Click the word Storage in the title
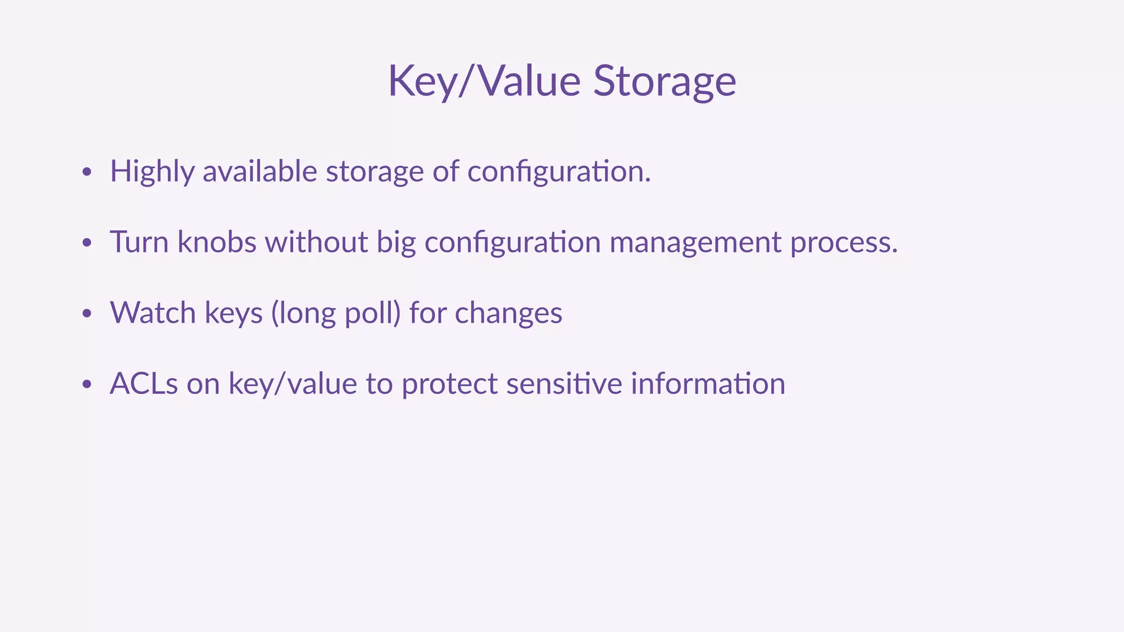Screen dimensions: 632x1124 (x=664, y=81)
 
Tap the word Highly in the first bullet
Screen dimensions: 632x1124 (x=152, y=172)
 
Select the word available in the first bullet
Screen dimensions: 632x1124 (x=260, y=171)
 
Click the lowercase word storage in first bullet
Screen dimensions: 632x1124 (x=375, y=172)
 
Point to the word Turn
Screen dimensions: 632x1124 (x=139, y=242)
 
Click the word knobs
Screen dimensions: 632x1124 (x=217, y=242)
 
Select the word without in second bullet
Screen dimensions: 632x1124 (x=316, y=242)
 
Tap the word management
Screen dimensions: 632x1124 (x=695, y=243)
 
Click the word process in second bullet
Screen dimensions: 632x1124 (x=843, y=243)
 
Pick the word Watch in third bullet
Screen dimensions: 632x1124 (x=153, y=313)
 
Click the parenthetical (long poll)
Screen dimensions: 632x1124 (x=335, y=313)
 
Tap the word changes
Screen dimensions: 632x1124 (x=508, y=314)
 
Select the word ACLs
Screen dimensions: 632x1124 (x=144, y=383)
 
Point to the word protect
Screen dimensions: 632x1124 (x=449, y=384)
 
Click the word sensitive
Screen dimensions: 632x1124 (x=564, y=383)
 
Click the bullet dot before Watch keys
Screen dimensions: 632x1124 (x=86, y=314)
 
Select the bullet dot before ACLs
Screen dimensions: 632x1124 (x=86, y=385)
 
